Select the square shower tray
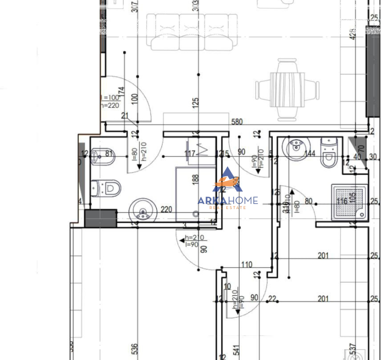tap(349, 202)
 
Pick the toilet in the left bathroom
tap(106, 188)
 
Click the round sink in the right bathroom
tap(296, 148)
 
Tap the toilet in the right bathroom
tap(328, 152)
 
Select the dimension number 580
tap(237, 122)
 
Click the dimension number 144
tap(309, 153)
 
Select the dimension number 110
tap(247, 264)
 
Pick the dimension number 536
tap(135, 349)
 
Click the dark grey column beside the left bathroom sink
tap(100, 218)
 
